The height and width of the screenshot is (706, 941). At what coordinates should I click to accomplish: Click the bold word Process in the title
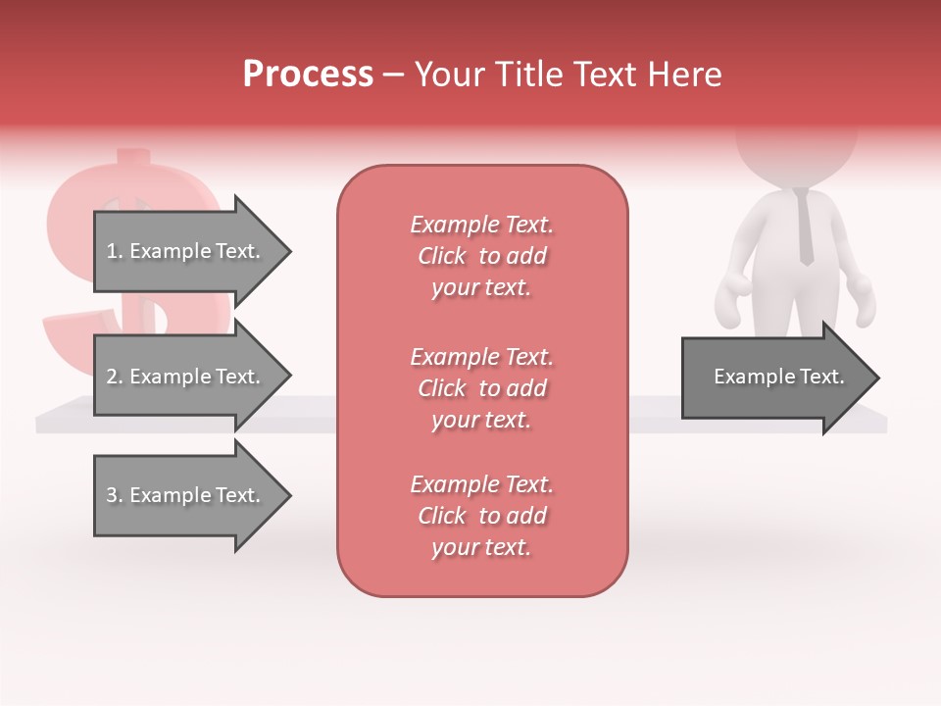coord(308,75)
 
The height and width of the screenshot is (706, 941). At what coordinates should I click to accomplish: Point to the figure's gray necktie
coord(805,227)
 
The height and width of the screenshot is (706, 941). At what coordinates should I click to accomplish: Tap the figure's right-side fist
coord(863,298)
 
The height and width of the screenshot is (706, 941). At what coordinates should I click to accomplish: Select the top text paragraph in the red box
coord(481,256)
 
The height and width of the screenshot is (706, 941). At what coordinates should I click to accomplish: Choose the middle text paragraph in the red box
coord(481,388)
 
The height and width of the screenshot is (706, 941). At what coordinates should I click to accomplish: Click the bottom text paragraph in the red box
coord(481,516)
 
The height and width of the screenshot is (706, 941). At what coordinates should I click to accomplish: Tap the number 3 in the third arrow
coord(111,496)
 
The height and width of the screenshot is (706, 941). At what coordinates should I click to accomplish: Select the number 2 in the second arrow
coord(111,377)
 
